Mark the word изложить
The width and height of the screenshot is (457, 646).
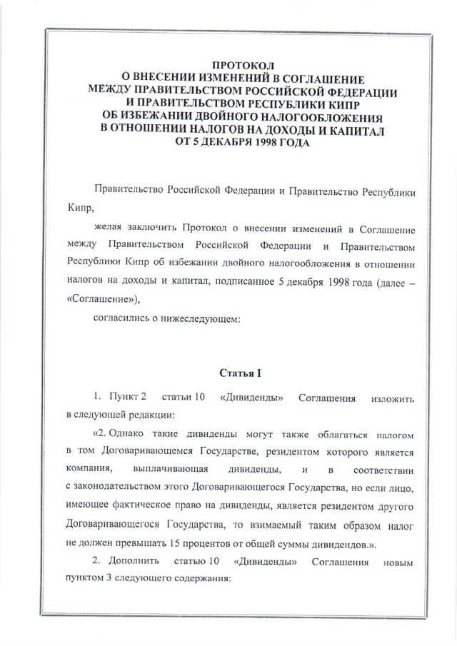pos(391,396)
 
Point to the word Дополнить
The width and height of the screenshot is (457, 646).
pos(133,562)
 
